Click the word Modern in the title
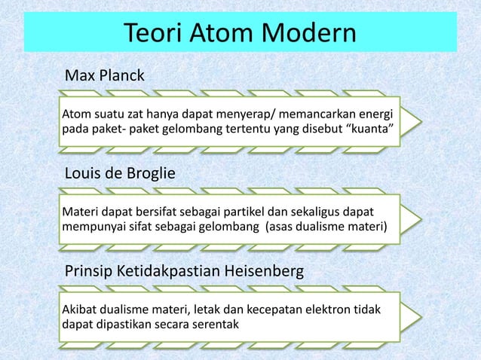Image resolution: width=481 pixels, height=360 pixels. [x=304, y=33]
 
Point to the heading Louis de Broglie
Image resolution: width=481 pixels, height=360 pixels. [x=121, y=175]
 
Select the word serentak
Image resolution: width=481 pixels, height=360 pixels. [x=213, y=325]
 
